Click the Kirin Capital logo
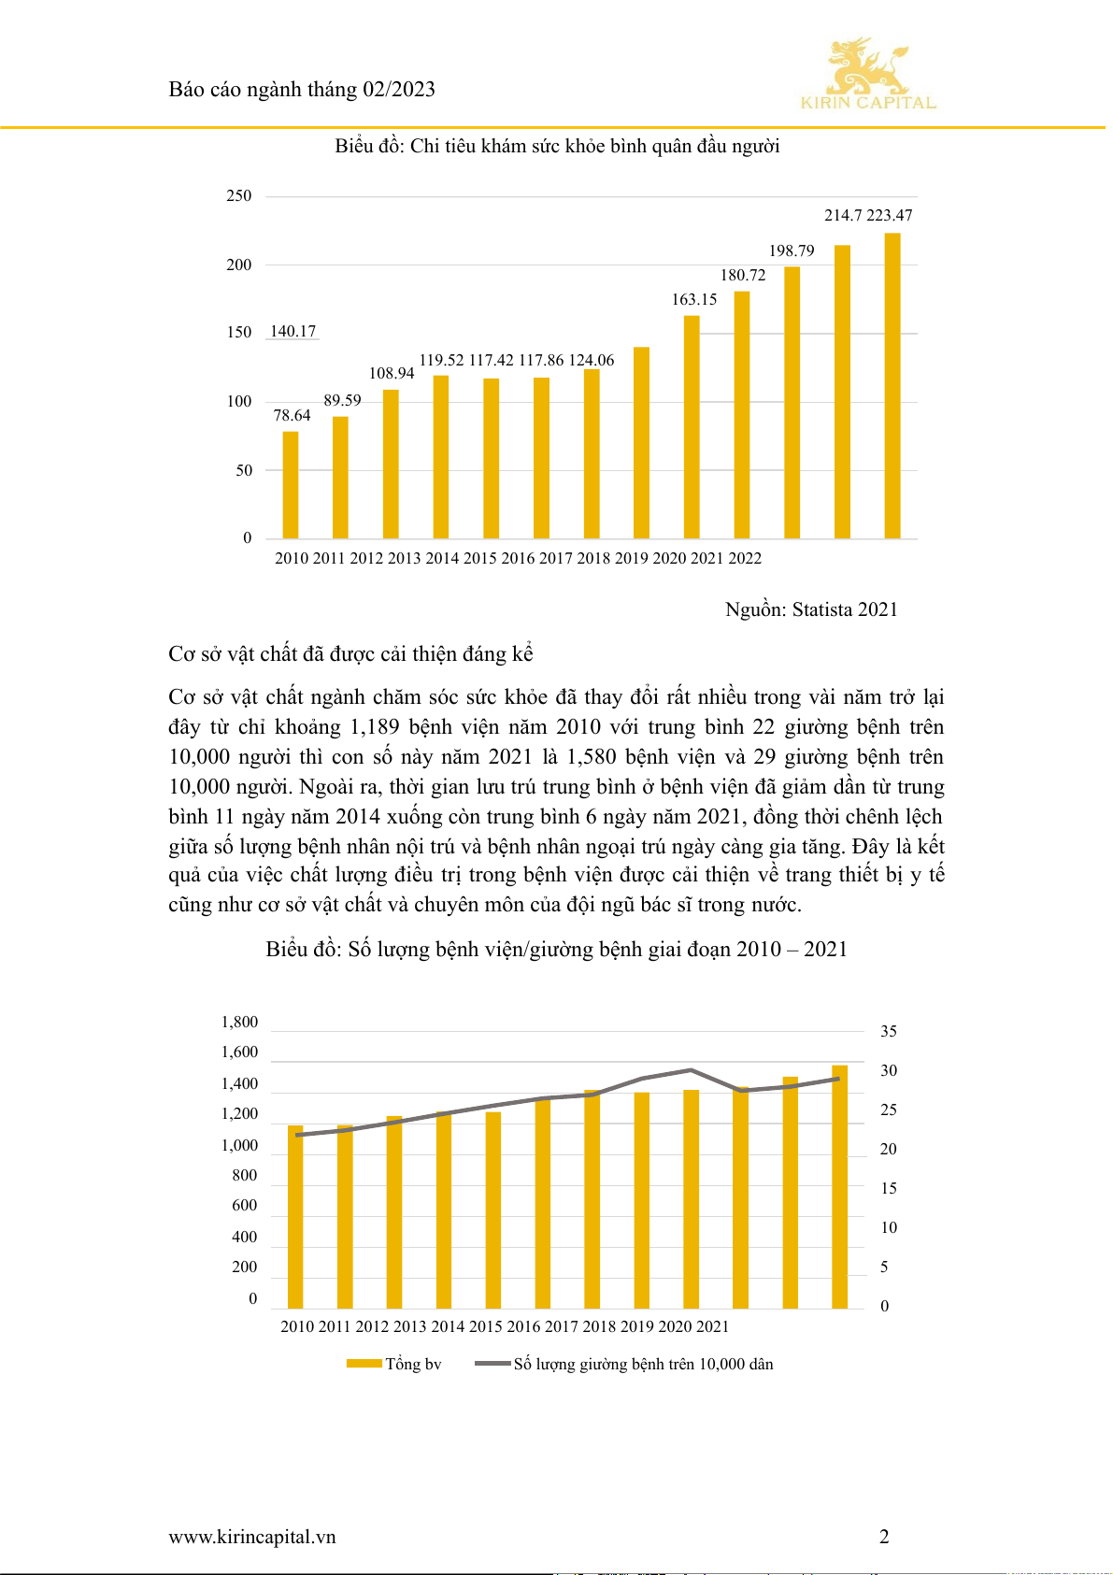[867, 75]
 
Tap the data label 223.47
[890, 215]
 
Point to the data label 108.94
[392, 373]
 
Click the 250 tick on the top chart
[239, 195]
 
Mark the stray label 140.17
[293, 331]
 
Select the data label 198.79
[792, 251]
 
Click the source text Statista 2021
[845, 609]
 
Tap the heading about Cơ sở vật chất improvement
[350, 654]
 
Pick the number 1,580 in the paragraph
[592, 757]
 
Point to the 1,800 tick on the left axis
[239, 1022]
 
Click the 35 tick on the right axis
[888, 1031]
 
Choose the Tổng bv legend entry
[394, 1364]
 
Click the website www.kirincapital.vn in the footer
[252, 1537]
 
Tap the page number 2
[884, 1537]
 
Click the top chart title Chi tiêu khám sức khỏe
[557, 146]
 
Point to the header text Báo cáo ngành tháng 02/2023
[302, 89]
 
